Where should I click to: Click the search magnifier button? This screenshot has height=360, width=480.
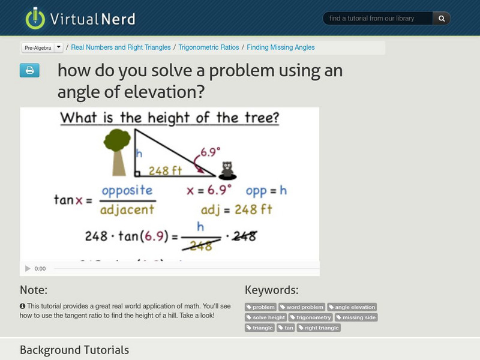point(442,19)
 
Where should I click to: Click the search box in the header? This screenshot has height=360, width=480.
point(378,19)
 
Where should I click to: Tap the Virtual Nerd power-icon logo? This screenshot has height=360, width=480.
point(35,18)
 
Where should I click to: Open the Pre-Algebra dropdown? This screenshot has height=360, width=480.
point(42,47)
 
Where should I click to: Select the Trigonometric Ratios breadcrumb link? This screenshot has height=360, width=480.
point(208,47)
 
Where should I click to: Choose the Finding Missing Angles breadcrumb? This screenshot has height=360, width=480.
point(280,47)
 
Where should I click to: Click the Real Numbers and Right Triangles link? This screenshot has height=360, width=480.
point(121,47)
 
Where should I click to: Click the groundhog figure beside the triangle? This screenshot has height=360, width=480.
point(227,170)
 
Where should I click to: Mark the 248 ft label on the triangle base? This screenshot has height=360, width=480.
point(166,171)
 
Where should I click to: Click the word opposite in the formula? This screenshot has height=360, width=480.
point(127,191)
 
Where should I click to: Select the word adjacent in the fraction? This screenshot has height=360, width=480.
point(127,209)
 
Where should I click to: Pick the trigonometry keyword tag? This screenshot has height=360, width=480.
point(310,317)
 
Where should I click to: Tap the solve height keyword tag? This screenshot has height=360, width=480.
point(266,317)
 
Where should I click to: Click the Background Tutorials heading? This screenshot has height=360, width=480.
point(74,350)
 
